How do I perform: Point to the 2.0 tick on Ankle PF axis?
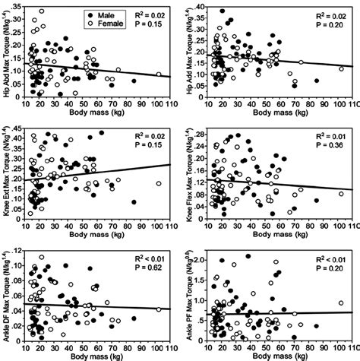click(x=198, y=259)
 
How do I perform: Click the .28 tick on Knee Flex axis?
click(x=199, y=134)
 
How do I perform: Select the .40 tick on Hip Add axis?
click(x=199, y=7)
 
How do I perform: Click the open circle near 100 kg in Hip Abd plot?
click(x=159, y=74)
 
